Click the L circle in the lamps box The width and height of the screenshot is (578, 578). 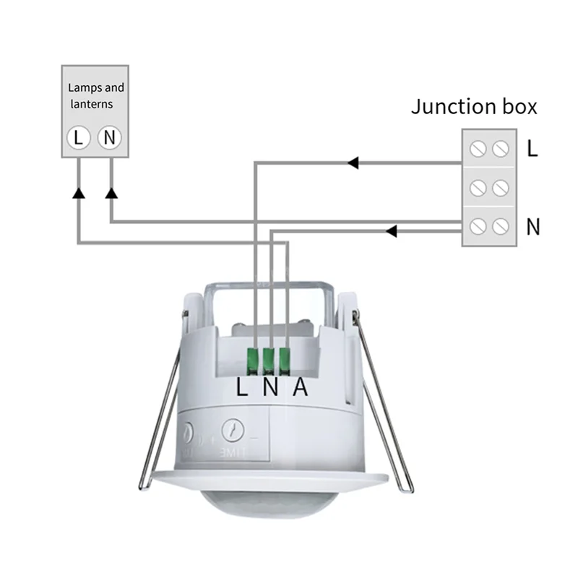(79, 137)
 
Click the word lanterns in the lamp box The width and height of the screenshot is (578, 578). (90, 104)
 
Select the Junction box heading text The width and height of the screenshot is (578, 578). (474, 107)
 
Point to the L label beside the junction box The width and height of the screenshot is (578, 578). (532, 149)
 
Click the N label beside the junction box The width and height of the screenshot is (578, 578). (533, 227)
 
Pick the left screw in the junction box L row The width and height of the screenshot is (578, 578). (477, 149)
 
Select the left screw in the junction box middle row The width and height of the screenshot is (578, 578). (477, 188)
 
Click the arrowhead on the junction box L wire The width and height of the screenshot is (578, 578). (353, 163)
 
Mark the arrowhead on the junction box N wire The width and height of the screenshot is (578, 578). (391, 231)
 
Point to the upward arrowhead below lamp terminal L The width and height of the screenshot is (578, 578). (79, 193)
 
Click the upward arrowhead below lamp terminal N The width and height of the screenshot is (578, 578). (111, 193)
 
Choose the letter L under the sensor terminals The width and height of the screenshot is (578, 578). (243, 388)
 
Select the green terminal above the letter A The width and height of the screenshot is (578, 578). (285, 359)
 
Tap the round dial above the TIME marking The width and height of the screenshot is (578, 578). (233, 431)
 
